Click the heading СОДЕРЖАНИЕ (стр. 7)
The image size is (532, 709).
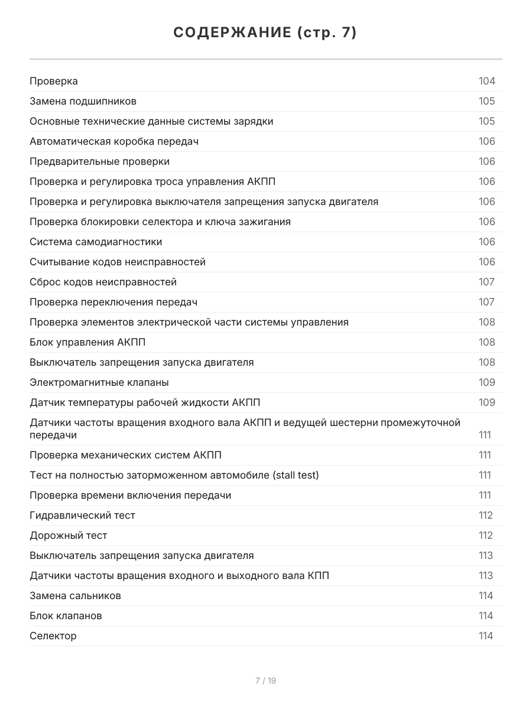click(265, 33)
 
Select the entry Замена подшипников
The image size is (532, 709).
click(83, 101)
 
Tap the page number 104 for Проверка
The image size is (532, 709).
click(486, 81)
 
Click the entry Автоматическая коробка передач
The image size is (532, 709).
click(113, 141)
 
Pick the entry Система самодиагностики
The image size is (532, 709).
click(96, 242)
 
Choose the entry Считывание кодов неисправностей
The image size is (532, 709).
click(118, 262)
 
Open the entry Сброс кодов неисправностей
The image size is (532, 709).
click(103, 282)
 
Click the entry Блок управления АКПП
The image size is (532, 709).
click(87, 342)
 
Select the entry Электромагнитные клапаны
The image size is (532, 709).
click(99, 382)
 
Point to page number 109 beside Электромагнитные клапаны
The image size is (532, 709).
click(486, 382)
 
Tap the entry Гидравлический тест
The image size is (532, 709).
click(82, 515)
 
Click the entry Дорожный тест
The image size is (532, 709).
click(68, 535)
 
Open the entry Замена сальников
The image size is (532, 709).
click(75, 596)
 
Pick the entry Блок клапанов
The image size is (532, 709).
click(66, 616)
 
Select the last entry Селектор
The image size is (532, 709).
click(53, 636)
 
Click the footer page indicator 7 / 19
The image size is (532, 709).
click(265, 681)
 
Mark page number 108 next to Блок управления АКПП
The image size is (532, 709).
click(486, 342)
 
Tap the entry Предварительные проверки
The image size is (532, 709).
click(99, 161)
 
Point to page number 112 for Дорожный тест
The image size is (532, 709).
click(485, 535)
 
